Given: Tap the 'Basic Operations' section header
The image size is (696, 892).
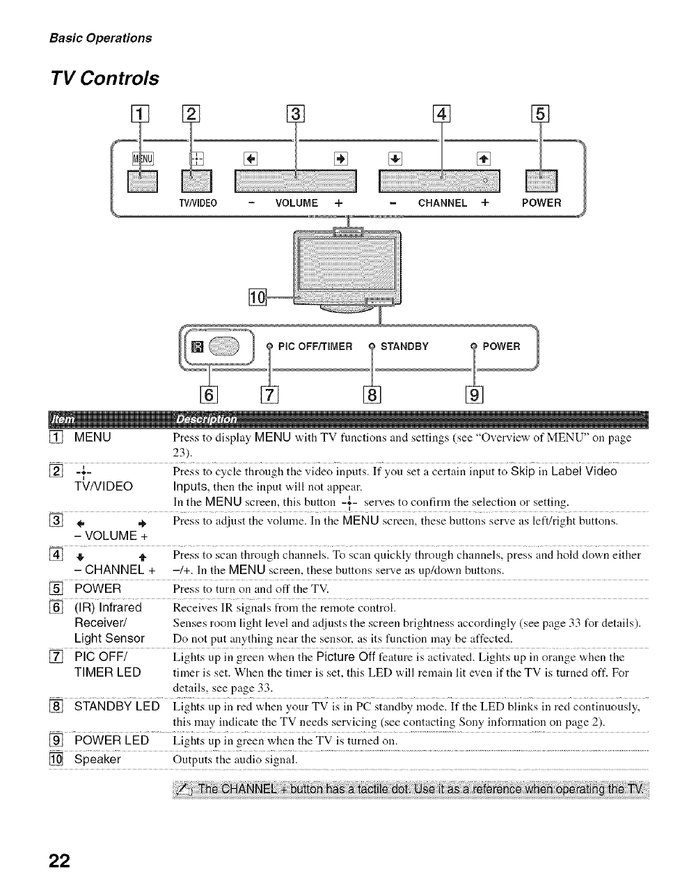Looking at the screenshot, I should [x=100, y=38].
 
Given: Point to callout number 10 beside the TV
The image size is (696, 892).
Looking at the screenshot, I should [x=257, y=298].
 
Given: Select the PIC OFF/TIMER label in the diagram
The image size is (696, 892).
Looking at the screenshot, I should [x=315, y=347].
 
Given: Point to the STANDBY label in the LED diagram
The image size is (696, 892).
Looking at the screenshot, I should [x=404, y=347].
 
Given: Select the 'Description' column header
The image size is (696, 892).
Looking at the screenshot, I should [x=206, y=420].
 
